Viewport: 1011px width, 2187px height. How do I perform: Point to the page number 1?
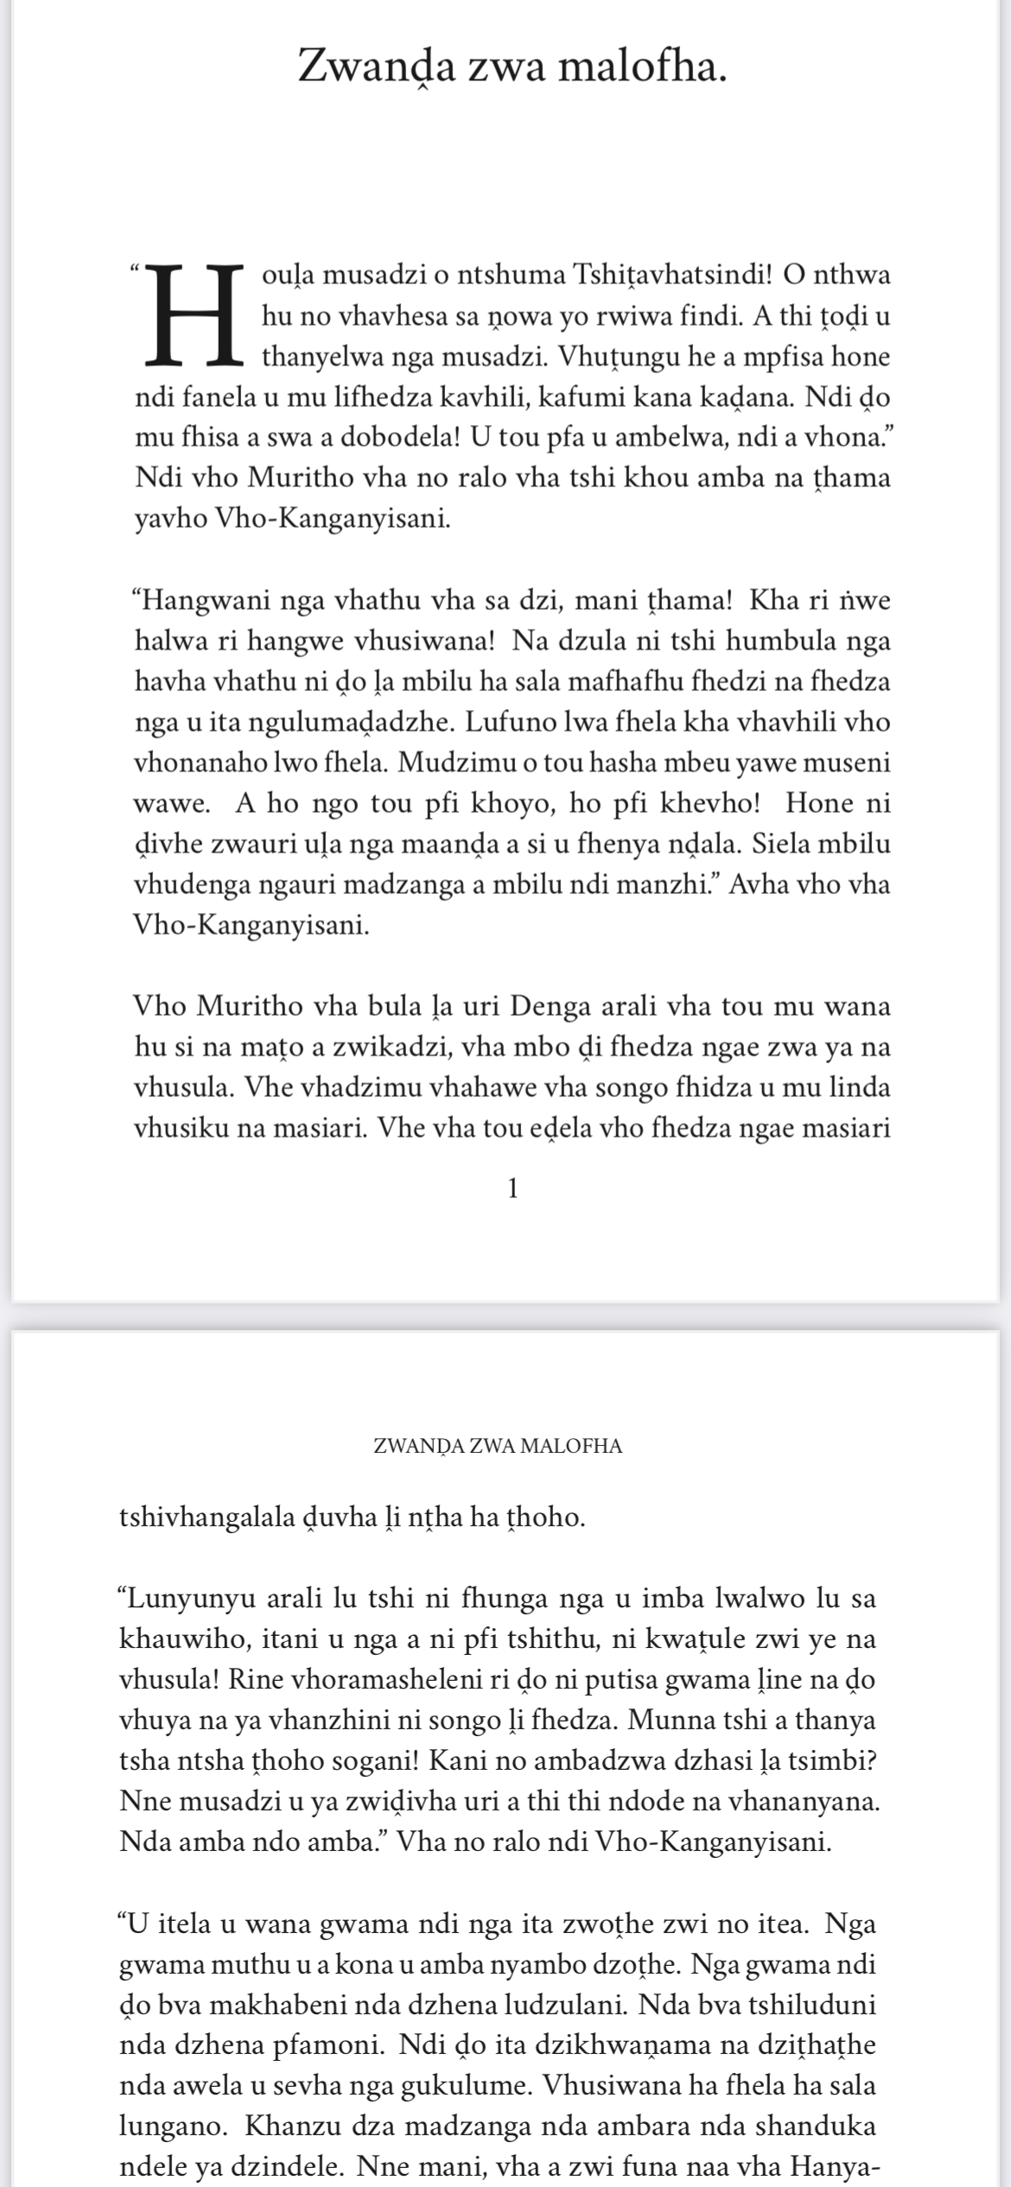(513, 1189)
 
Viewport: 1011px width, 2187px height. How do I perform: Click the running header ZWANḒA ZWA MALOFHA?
(498, 1446)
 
